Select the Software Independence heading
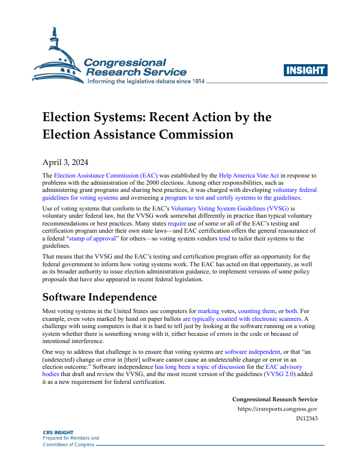(x=99, y=297)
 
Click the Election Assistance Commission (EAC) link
(x=106, y=175)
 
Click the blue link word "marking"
(x=209, y=312)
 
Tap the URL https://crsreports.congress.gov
(x=278, y=410)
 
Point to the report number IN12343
(x=307, y=419)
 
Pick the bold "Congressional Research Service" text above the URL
(x=275, y=399)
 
